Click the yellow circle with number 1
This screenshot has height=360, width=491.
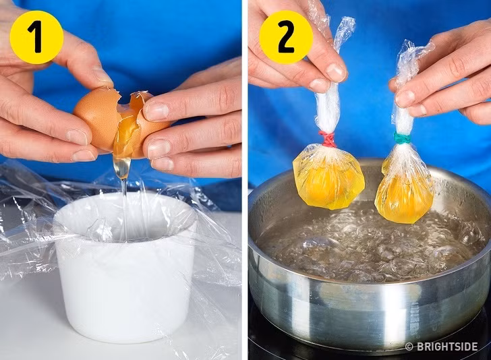(36, 37)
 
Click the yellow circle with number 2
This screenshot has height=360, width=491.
(287, 37)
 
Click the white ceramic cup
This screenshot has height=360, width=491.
(125, 283)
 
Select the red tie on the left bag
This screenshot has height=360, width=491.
(328, 140)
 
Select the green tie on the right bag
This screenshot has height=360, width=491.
(402, 138)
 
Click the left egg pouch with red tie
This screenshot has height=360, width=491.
(328, 177)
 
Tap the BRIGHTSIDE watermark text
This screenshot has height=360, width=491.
(446, 347)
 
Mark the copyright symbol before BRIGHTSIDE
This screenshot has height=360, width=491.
(409, 347)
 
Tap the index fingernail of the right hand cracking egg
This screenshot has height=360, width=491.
(156, 111)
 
